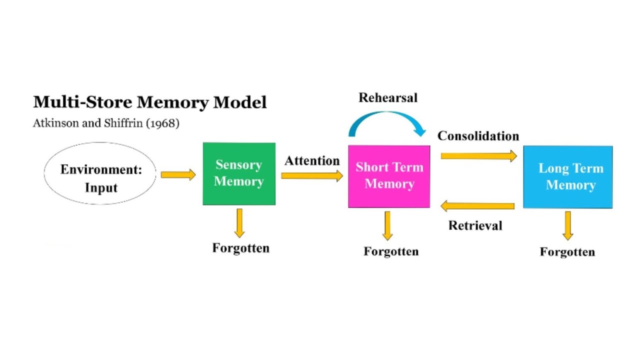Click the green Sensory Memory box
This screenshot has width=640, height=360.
(x=239, y=173)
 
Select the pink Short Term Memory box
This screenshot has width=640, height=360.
(x=389, y=176)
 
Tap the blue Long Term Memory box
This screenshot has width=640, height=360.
(x=567, y=177)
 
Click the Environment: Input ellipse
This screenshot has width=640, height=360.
(x=100, y=173)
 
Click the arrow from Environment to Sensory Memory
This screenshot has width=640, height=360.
(x=178, y=174)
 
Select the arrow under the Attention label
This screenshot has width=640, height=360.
(x=312, y=175)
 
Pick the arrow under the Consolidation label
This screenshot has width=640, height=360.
(x=478, y=156)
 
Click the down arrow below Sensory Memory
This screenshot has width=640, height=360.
(x=239, y=222)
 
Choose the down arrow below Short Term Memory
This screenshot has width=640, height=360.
(x=387, y=225)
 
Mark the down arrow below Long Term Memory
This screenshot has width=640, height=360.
(x=567, y=225)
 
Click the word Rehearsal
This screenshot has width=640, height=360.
(x=387, y=97)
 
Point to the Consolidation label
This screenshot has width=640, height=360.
(x=478, y=136)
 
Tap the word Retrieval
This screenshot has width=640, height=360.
(x=475, y=225)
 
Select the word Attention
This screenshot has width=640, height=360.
(x=312, y=161)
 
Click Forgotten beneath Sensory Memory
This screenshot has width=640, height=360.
(x=240, y=248)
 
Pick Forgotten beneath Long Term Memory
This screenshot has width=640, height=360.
(x=567, y=251)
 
